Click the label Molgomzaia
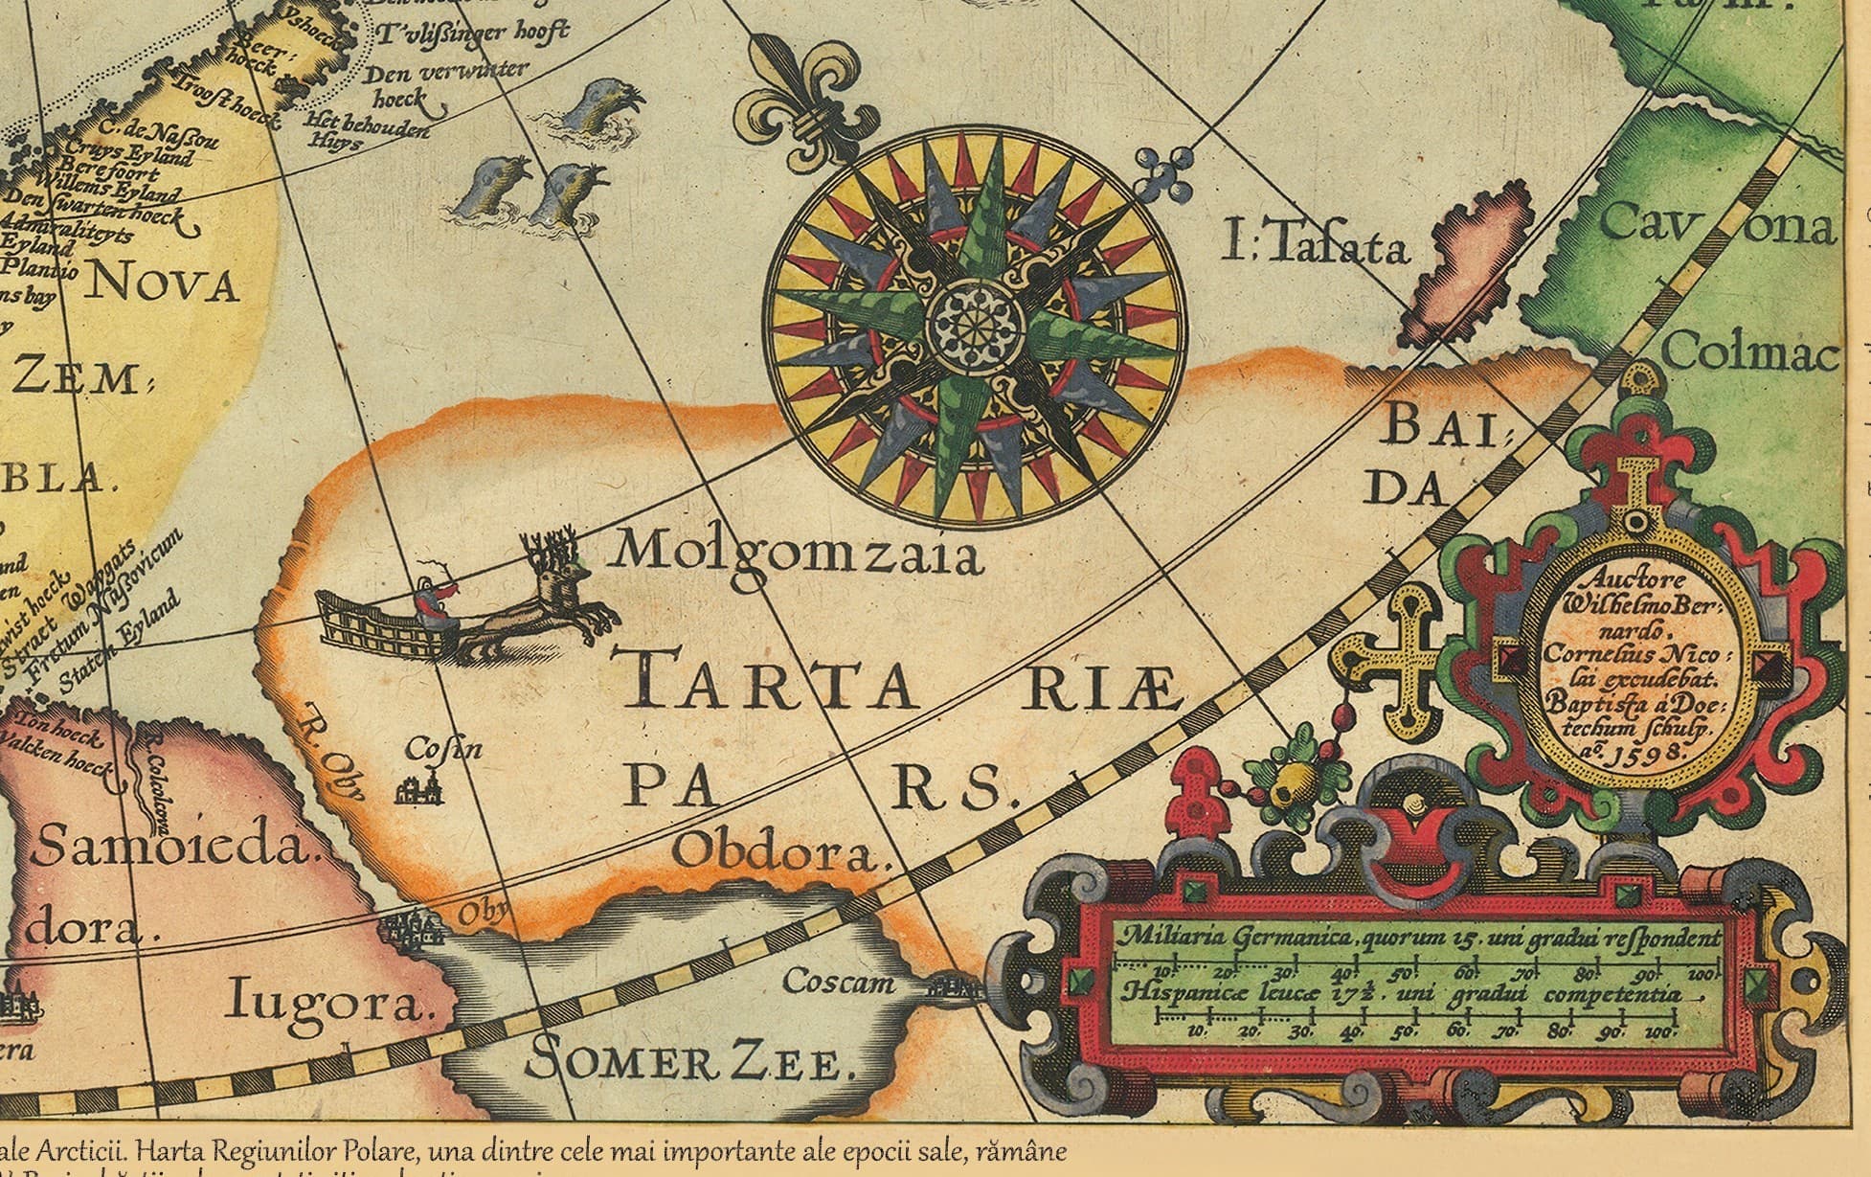click(798, 553)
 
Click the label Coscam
click(839, 981)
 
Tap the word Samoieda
click(172, 848)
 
